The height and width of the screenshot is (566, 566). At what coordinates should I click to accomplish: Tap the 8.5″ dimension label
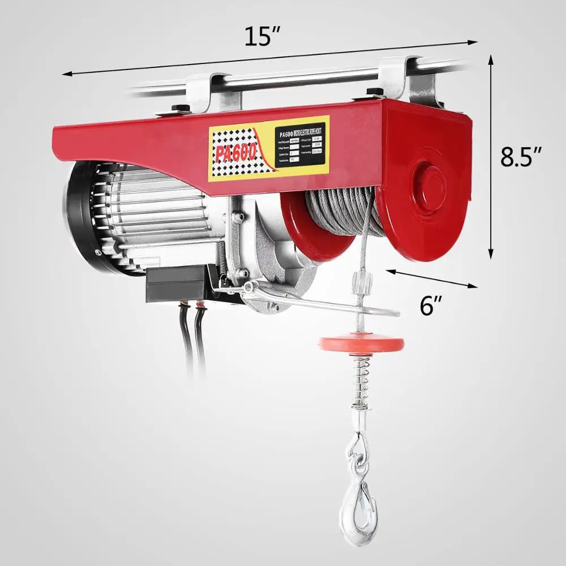(521, 157)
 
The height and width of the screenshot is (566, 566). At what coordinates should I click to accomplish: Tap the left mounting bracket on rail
(218, 93)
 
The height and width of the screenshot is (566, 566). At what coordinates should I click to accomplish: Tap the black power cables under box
(192, 340)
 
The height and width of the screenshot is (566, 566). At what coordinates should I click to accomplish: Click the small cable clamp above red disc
(358, 280)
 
